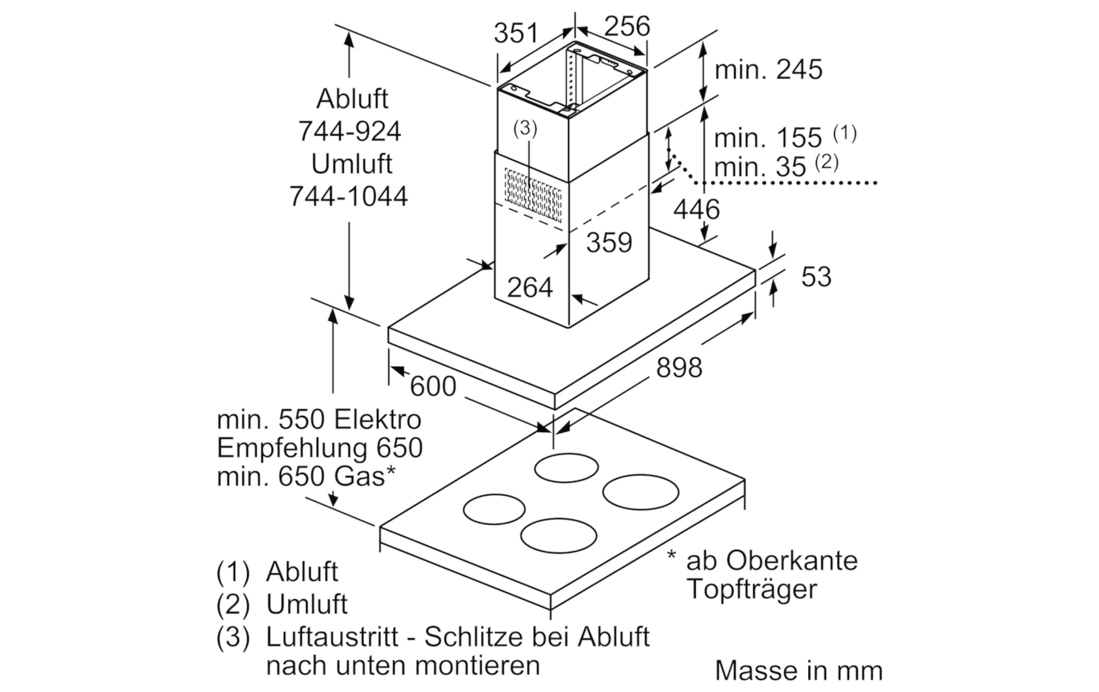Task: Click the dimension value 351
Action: click(x=516, y=33)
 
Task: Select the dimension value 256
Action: click(x=627, y=26)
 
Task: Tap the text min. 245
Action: click(x=768, y=70)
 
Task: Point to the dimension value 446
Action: click(x=696, y=210)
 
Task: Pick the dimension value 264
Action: click(x=529, y=288)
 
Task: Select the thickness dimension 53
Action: click(x=816, y=277)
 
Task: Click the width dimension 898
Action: click(x=679, y=368)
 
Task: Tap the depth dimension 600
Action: click(x=433, y=386)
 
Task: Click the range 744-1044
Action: click(x=348, y=196)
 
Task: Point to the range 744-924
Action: click(x=349, y=132)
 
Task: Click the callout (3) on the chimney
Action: click(x=525, y=128)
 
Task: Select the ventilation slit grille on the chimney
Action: click(x=533, y=195)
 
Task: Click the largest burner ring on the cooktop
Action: click(x=640, y=492)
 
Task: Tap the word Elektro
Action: click(x=377, y=420)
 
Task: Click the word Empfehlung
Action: click(x=292, y=449)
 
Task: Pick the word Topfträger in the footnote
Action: click(x=752, y=589)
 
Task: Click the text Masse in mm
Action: click(x=798, y=670)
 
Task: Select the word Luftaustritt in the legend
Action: click(x=332, y=636)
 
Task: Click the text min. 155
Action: click(x=767, y=138)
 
